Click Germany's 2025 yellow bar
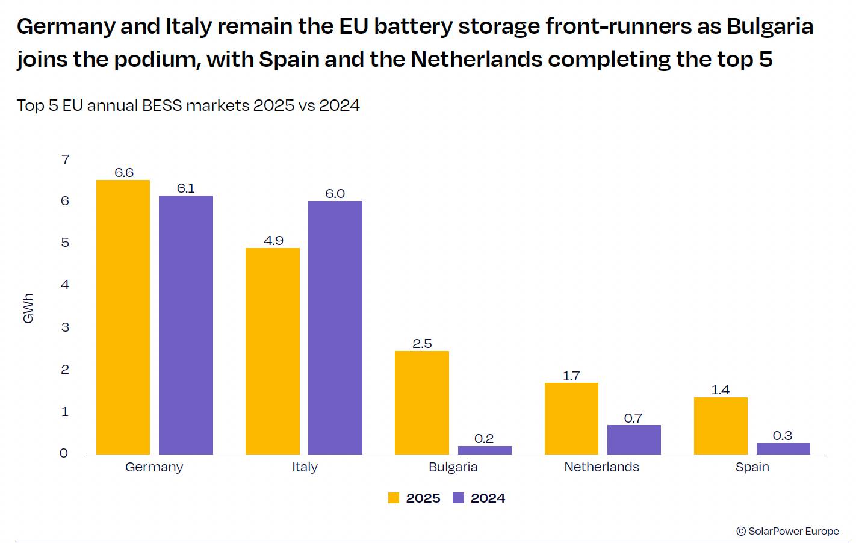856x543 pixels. (x=123, y=317)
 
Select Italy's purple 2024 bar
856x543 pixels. (x=335, y=327)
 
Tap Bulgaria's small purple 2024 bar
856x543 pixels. (x=485, y=450)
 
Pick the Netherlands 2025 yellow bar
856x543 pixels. (x=571, y=418)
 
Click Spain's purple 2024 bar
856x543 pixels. (x=783, y=448)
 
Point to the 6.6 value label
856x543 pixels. (x=124, y=173)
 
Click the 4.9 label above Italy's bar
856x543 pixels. (x=273, y=241)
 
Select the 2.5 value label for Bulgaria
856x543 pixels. (x=422, y=344)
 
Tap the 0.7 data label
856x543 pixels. (x=633, y=418)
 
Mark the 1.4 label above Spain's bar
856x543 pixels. (x=721, y=390)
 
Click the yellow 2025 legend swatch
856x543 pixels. (x=394, y=498)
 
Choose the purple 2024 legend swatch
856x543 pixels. (x=459, y=498)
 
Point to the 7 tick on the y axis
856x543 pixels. (x=66, y=160)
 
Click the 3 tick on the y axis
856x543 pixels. (x=65, y=327)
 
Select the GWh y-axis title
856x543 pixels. (x=28, y=309)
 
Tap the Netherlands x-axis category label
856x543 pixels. (x=601, y=467)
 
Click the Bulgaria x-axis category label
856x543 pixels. (x=453, y=467)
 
